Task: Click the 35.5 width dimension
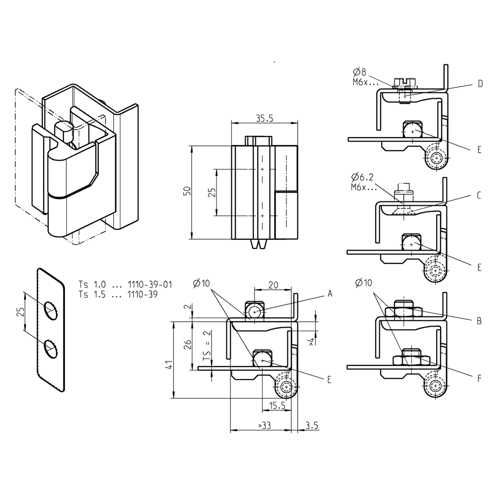[265, 118]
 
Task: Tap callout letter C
[479, 195]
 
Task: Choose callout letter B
[479, 321]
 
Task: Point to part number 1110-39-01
[150, 284]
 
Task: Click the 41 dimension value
[168, 364]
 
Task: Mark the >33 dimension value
[264, 425]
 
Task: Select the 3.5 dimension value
[312, 425]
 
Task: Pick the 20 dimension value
[273, 284]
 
